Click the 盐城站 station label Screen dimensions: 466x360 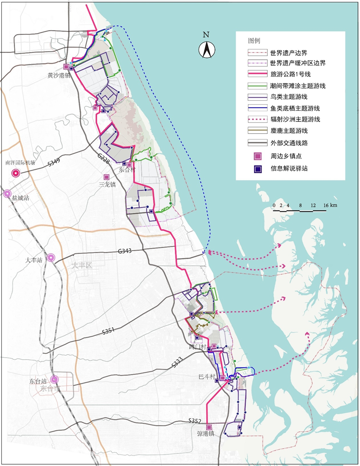(21, 198)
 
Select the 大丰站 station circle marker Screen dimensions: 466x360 (51, 258)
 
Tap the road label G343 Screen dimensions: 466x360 (125, 252)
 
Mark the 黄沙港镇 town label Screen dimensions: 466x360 (59, 76)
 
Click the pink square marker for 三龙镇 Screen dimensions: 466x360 (107, 177)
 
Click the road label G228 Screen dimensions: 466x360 (103, 158)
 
